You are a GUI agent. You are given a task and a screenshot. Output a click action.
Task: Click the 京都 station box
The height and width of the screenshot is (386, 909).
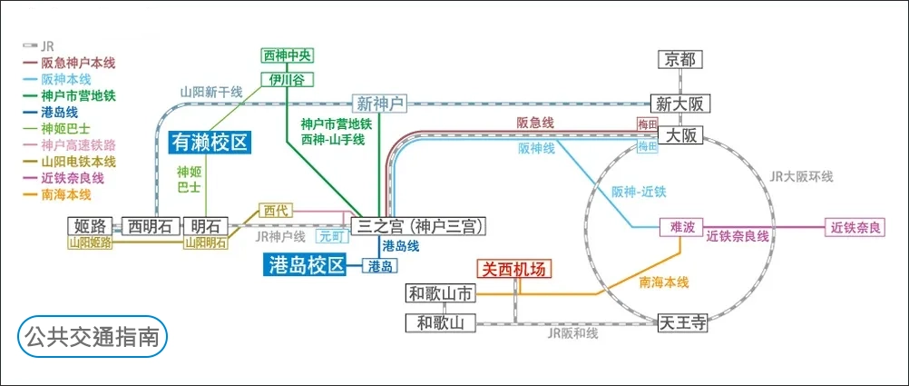(681, 60)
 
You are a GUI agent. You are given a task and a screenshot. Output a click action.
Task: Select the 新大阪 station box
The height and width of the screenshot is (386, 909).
(680, 103)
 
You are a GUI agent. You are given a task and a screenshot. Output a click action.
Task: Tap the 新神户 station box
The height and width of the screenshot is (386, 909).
(379, 104)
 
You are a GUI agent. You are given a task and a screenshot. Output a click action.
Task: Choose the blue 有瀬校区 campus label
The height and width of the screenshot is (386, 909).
(210, 142)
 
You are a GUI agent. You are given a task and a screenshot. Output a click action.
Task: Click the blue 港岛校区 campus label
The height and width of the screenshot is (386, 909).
(308, 265)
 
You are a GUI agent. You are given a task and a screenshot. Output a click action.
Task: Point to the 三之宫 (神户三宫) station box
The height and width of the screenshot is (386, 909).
(420, 225)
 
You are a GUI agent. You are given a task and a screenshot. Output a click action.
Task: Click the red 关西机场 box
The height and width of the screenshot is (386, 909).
(514, 269)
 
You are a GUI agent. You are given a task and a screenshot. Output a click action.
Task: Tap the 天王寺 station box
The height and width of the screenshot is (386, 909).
(682, 322)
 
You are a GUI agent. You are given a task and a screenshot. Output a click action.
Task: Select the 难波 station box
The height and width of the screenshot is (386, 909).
(681, 226)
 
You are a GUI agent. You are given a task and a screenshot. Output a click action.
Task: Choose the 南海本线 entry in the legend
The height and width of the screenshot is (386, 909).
(65, 194)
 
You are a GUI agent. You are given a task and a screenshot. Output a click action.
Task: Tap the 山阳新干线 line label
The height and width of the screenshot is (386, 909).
(211, 92)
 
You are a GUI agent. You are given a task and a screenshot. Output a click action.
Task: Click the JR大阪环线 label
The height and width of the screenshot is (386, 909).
(799, 176)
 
